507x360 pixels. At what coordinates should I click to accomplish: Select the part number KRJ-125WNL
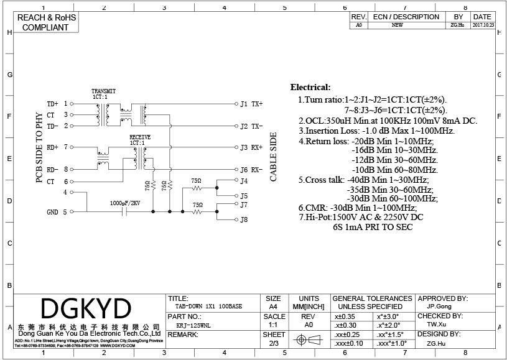pos(193,324)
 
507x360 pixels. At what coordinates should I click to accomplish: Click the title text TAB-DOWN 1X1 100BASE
pos(209,306)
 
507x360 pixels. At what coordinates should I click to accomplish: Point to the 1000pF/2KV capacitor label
pos(125,203)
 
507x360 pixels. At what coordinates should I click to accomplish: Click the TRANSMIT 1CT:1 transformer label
pos(103,94)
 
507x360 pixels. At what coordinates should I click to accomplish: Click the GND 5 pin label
pos(57,212)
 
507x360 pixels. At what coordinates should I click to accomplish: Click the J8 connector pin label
pos(244,219)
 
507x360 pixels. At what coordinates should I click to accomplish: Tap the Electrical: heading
pos(310,88)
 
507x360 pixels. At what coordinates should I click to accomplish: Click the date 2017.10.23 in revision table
pos(483,25)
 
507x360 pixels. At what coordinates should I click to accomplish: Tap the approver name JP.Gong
pos(439,307)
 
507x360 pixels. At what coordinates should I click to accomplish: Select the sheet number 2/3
pos(273,343)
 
